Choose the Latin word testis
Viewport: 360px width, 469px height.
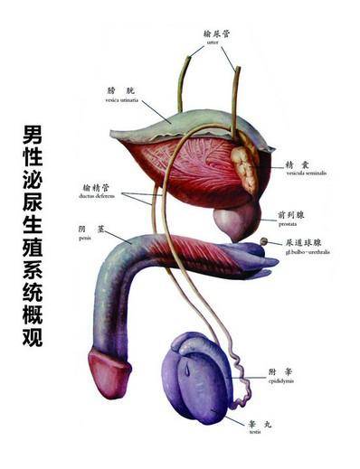coord(254,432)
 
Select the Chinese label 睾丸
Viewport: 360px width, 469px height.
coord(255,422)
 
